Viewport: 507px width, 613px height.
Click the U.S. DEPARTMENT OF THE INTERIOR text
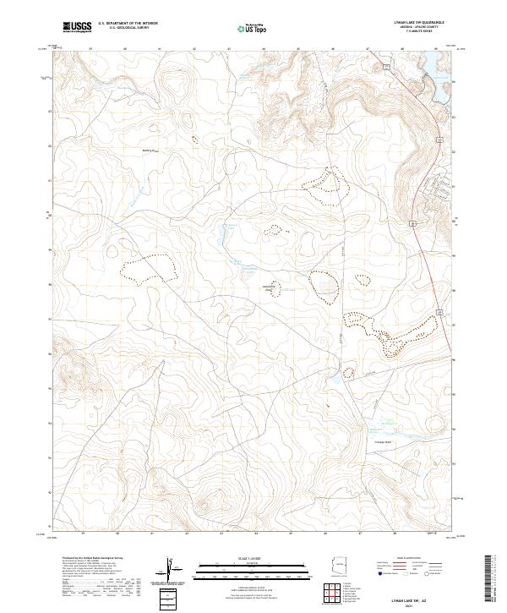128,24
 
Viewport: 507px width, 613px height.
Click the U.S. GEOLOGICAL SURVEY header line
128,29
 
